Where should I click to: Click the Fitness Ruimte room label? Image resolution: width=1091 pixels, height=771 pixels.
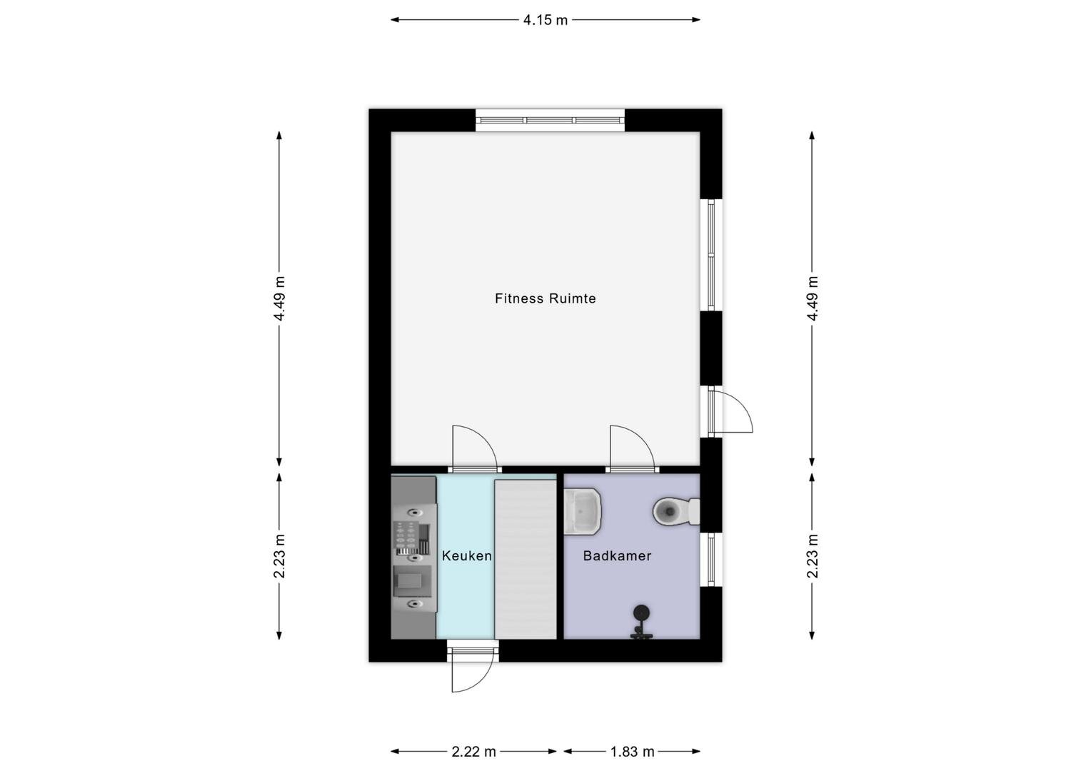point(545,298)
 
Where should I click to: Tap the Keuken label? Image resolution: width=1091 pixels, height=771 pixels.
point(466,555)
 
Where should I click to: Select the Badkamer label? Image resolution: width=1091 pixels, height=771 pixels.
point(617,555)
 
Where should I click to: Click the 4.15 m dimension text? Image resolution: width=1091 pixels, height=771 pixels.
point(545,20)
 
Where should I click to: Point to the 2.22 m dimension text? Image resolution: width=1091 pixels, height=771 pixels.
point(473,752)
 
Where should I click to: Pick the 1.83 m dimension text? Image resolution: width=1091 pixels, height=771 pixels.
point(632,752)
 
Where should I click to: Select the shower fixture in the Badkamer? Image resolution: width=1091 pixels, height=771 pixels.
point(641,621)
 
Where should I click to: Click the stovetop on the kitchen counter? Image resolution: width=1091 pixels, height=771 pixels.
point(411,539)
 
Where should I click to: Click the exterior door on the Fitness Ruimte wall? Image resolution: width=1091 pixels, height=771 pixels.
point(730,410)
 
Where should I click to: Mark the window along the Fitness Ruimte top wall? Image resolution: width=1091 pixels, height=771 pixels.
point(550,121)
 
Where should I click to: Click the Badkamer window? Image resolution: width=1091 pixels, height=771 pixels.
point(711,559)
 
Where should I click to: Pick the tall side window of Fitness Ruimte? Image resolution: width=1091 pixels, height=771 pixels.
point(711,255)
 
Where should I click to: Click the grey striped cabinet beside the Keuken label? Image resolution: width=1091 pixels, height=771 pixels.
point(526,559)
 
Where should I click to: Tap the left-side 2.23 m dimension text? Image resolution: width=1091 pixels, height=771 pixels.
point(279,556)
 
